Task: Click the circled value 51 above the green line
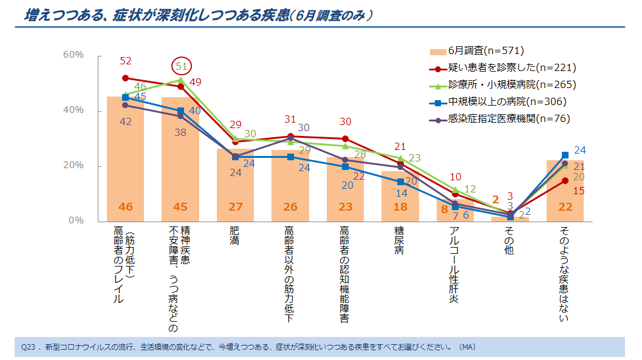pyautogui.click(x=181, y=66)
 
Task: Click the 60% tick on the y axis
pyautogui.click(x=73, y=55)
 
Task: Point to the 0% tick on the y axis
pyautogui.click(x=75, y=221)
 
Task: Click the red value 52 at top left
pyautogui.click(x=126, y=61)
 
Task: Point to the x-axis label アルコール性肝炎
pyautogui.click(x=454, y=264)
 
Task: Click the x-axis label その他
pyautogui.click(x=509, y=240)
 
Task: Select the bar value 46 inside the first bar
pyautogui.click(x=125, y=207)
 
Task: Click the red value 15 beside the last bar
pyautogui.click(x=579, y=190)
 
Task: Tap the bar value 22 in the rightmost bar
pyautogui.click(x=565, y=207)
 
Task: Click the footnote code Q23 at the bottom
pyautogui.click(x=30, y=347)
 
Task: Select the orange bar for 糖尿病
pyautogui.click(x=400, y=200)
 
